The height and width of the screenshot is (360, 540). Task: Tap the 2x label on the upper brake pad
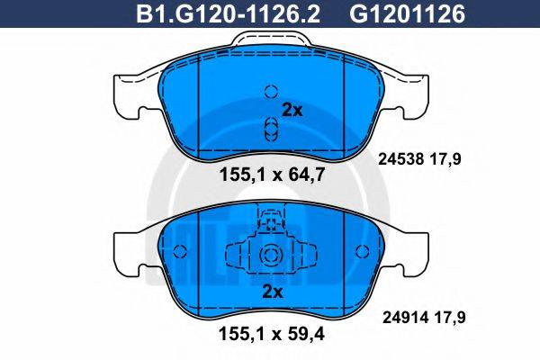293,111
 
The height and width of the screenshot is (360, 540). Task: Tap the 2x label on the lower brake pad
271,291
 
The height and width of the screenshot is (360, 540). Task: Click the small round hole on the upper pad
267,91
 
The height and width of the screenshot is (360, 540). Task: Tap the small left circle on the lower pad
178,252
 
